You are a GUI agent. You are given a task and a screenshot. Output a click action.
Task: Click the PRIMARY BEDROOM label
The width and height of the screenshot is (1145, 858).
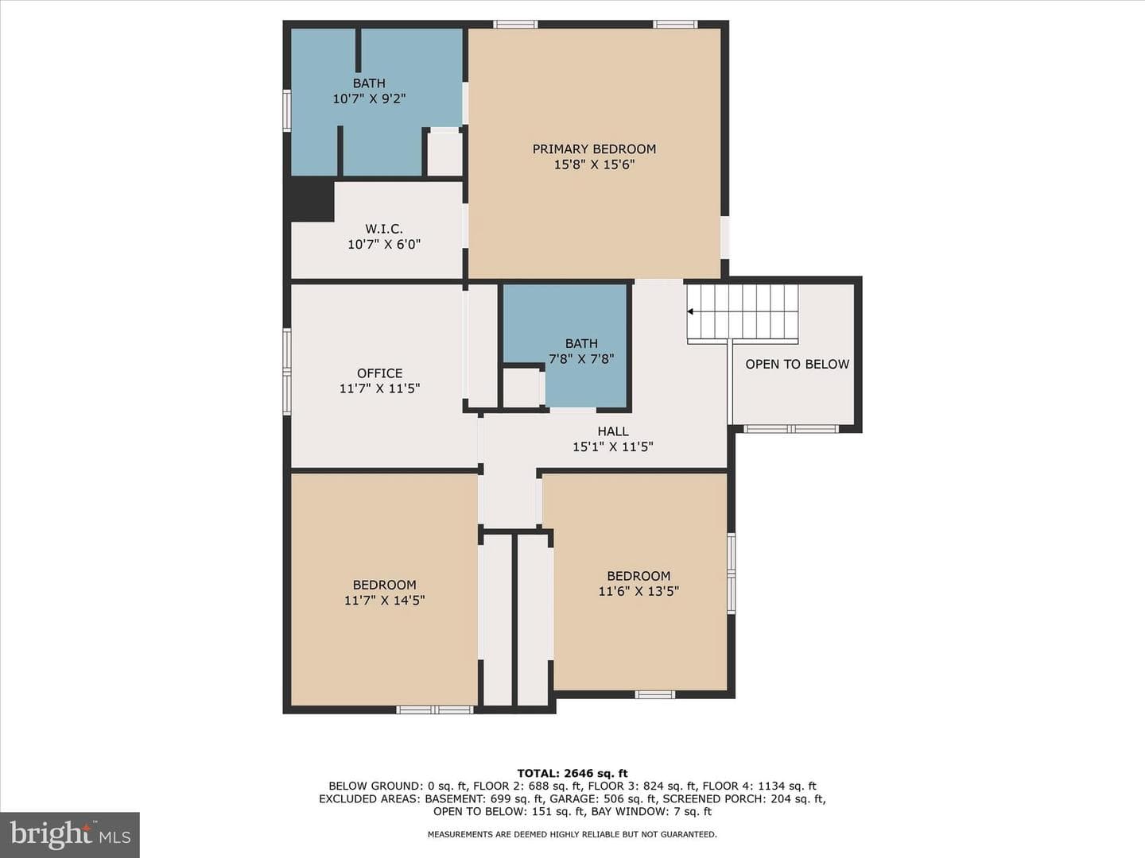[x=594, y=149]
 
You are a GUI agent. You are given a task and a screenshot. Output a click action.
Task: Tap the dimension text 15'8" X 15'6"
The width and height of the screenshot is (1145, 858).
[x=594, y=164]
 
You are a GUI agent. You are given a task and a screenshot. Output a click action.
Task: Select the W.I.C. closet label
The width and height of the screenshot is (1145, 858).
[x=384, y=229]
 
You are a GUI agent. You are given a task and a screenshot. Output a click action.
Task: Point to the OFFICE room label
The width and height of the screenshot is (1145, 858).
[x=380, y=373]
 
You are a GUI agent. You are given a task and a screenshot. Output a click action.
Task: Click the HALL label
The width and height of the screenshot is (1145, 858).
[x=613, y=431]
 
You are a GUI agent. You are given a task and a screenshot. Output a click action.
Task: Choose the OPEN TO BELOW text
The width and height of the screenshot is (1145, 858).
[x=797, y=364]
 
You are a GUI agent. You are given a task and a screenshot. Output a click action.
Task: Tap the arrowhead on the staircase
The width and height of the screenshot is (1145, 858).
[x=690, y=311]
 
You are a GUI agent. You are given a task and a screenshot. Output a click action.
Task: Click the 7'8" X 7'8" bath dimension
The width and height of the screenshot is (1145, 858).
[x=581, y=359]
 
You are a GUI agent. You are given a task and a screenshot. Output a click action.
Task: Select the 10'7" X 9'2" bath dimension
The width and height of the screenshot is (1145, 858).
[x=369, y=99]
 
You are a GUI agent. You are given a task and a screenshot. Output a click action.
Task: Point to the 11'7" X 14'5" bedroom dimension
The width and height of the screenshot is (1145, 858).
[x=384, y=600]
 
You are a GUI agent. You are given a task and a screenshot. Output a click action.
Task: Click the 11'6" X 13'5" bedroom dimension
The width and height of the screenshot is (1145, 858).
[x=638, y=591]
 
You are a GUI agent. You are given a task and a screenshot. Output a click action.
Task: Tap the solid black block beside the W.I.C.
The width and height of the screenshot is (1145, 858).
[x=312, y=200]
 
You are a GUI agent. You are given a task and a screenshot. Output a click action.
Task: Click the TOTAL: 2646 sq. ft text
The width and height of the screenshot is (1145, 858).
[x=572, y=773]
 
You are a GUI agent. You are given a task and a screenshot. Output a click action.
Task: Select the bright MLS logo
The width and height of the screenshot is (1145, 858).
[x=70, y=834]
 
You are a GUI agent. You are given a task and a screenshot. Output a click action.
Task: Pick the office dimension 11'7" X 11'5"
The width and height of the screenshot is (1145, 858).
[x=380, y=388]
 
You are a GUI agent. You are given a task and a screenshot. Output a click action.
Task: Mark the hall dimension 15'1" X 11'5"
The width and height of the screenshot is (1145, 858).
[x=613, y=447]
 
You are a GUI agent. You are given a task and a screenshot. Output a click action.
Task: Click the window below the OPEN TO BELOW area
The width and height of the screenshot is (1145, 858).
[x=791, y=429]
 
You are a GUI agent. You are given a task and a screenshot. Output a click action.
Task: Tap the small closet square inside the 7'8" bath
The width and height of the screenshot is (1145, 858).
[x=523, y=388]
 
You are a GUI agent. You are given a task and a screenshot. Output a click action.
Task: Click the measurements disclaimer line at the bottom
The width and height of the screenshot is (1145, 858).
[x=572, y=834]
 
